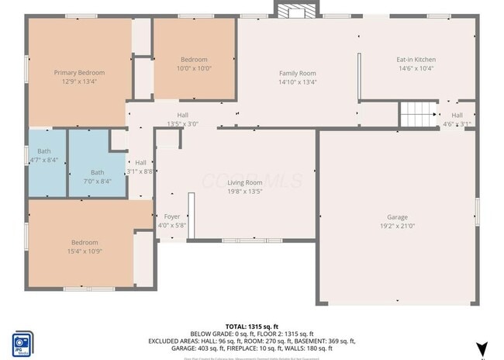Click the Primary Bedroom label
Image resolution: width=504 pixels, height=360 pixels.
(79, 72)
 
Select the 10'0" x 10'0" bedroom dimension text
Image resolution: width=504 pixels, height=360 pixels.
(194, 68)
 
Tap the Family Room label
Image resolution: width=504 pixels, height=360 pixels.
(298, 73)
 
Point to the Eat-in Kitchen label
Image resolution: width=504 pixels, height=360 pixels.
(416, 60)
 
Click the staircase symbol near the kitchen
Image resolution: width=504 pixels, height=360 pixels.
(418, 116)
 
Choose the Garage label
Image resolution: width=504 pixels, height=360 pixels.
(397, 217)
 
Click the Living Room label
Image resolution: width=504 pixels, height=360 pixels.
(245, 182)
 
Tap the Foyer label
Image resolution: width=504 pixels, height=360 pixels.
(171, 216)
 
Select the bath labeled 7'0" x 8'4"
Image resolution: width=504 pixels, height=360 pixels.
(97, 176)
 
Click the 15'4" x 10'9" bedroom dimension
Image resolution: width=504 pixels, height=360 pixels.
(85, 251)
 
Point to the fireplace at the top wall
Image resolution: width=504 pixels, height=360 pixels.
(295, 10)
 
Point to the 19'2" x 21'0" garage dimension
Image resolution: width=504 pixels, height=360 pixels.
(397, 226)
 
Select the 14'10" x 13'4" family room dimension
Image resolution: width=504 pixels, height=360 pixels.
(298, 81)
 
